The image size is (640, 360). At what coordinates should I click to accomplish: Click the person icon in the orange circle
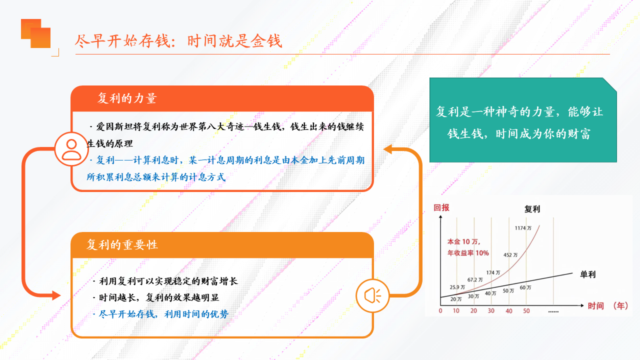point(71,149)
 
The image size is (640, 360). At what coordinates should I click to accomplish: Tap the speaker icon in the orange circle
point(372,295)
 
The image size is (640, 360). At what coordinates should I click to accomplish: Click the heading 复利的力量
point(127,98)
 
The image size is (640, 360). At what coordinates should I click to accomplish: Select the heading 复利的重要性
point(122,245)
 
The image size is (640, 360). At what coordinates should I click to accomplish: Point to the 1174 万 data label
point(523,228)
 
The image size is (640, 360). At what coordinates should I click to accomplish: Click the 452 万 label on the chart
point(510,255)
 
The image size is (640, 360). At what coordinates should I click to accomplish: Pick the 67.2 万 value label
point(475,279)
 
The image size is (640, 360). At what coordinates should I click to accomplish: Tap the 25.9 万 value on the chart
point(457,287)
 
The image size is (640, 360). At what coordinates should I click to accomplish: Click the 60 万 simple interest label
point(525,287)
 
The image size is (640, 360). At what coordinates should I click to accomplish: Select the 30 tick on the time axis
point(491,311)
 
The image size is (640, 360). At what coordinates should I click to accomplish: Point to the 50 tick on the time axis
point(526,311)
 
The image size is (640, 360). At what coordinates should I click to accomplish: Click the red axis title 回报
point(441,207)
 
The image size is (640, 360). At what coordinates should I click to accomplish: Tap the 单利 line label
point(587,274)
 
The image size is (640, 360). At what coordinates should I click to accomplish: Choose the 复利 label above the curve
point(532,209)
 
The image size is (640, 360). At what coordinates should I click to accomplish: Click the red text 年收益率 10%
point(468,253)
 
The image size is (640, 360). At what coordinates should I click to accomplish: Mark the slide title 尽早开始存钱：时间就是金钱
point(178,41)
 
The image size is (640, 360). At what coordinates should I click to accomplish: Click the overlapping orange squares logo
point(35,33)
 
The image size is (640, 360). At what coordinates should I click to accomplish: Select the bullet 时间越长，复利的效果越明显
point(156,297)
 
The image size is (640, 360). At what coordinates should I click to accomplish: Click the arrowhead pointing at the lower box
point(56,295)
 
